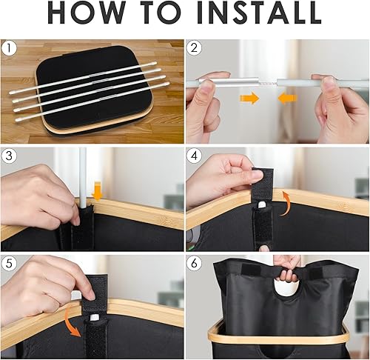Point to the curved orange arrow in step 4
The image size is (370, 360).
point(289,198)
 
